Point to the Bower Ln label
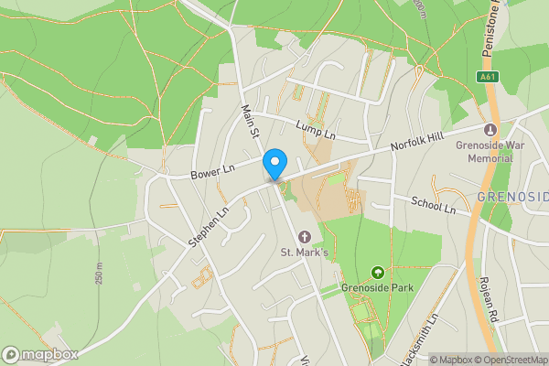click(x=212, y=169)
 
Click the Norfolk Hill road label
click(x=416, y=144)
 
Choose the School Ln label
click(x=433, y=207)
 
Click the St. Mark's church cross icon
click(x=304, y=237)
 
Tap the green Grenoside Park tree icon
click(x=377, y=273)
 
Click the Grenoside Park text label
click(x=378, y=287)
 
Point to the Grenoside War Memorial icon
click(x=490, y=130)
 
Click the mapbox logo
click(x=40, y=354)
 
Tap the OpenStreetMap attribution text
click(x=508, y=360)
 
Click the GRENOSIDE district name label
click(x=512, y=197)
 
